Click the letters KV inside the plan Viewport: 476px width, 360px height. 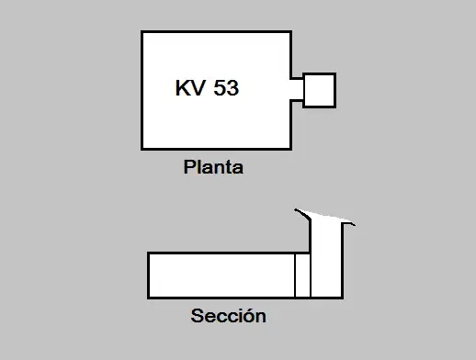tap(189, 88)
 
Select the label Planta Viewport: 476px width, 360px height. tap(213, 168)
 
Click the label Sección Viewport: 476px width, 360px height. tap(229, 316)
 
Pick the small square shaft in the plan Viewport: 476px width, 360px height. tap(319, 90)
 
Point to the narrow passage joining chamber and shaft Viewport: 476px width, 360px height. tap(297, 90)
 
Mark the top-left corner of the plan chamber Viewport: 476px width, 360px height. tap(142, 32)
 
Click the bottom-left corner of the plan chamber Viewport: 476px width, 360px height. tap(142, 148)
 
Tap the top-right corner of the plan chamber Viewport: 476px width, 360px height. tap(290, 32)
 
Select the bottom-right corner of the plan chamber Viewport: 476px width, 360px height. tap(290, 148)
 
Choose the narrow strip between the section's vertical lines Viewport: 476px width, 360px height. tap(302, 275)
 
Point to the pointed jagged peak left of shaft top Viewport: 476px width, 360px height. tap(296, 210)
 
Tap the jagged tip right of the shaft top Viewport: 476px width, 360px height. tap(354, 222)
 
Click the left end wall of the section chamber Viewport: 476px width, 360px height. tap(149, 275)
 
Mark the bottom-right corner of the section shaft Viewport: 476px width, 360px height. tap(343, 297)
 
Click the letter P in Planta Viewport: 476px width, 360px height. tap(189, 168)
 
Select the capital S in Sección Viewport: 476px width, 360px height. tap(197, 316)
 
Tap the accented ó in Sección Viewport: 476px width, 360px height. tap(249, 316)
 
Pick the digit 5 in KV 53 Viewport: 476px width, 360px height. tap(221, 88)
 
